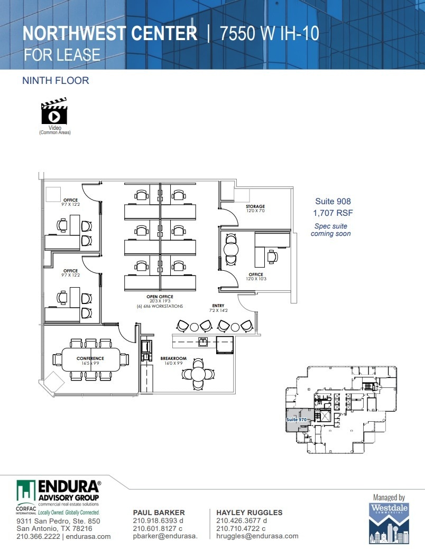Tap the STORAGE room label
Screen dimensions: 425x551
(255, 206)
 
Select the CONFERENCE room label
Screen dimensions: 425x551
(90, 358)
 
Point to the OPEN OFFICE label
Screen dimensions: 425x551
(160, 297)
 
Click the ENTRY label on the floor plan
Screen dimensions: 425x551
(218, 306)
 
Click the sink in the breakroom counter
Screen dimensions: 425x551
(202, 341)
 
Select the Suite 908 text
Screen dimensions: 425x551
(332, 201)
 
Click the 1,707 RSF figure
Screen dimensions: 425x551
(332, 213)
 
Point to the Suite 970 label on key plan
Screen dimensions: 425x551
(297, 419)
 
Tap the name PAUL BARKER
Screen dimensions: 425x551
(159, 512)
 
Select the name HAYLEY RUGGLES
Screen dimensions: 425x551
(249, 512)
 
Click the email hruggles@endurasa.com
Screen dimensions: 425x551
(257, 536)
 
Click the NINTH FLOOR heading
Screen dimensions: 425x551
(55, 81)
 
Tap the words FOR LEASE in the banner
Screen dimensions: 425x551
(62, 55)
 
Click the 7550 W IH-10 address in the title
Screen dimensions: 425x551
(270, 34)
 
